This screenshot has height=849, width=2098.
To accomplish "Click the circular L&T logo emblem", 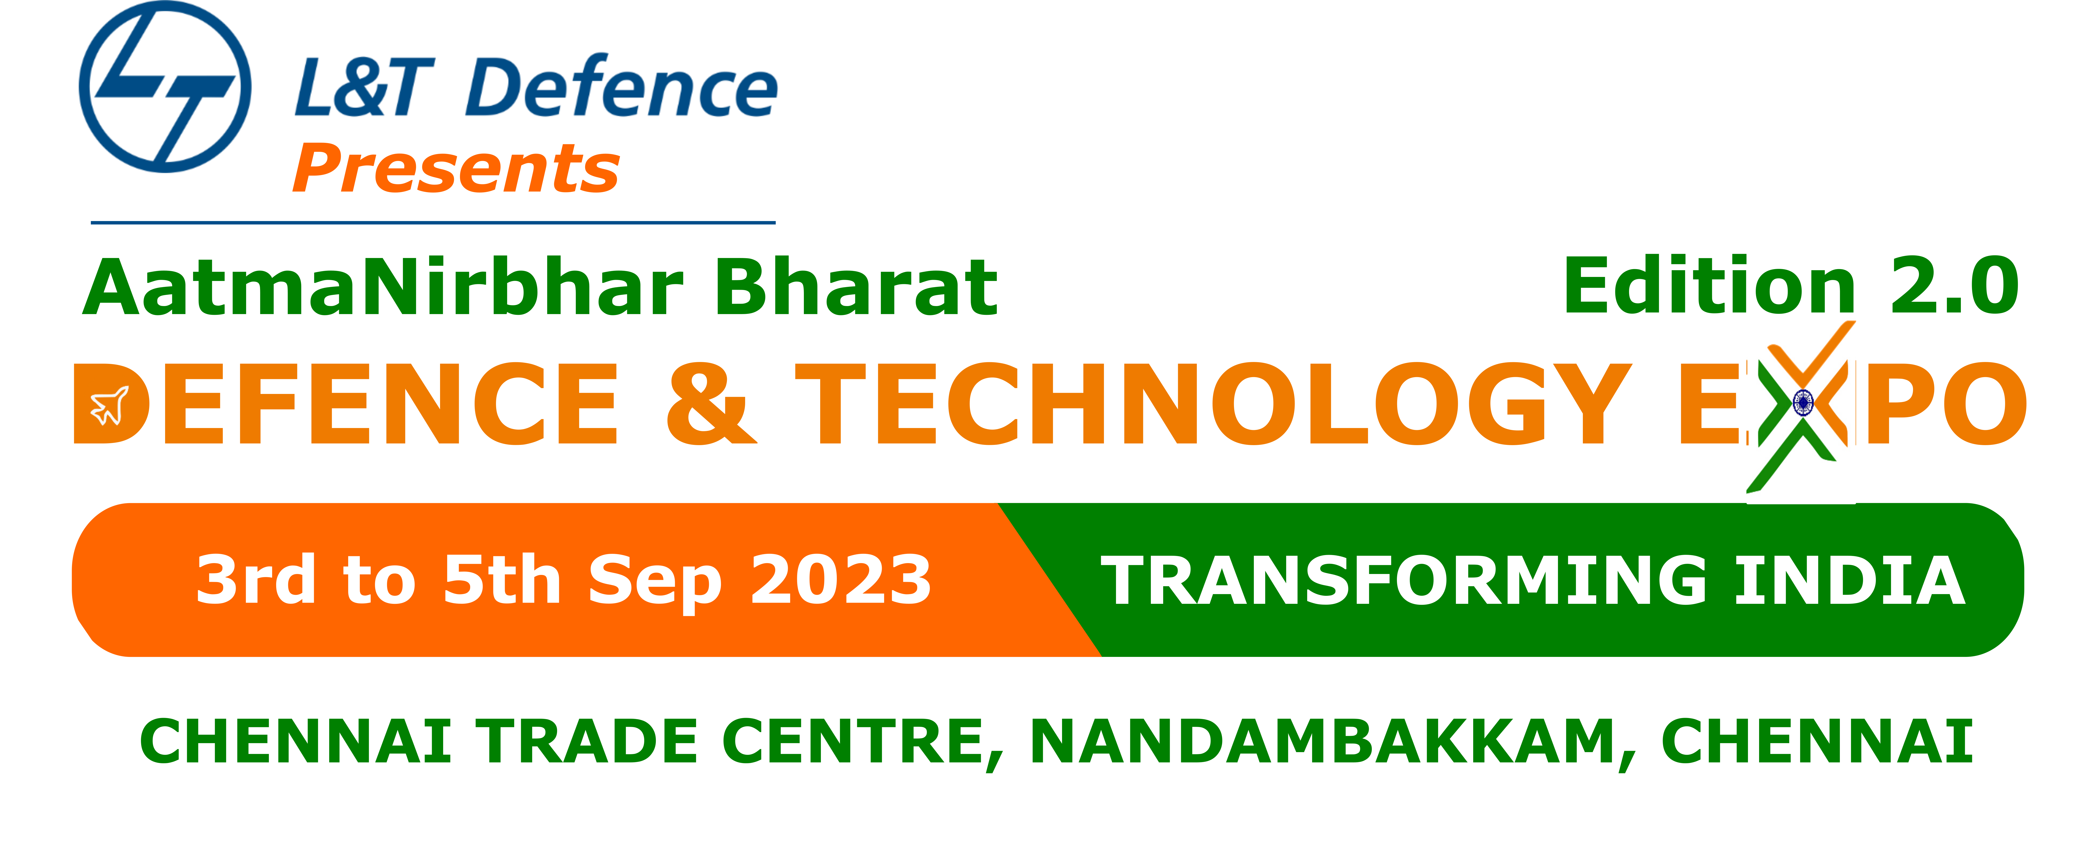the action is (165, 86).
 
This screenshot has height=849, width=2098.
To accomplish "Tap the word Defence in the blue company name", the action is (623, 87).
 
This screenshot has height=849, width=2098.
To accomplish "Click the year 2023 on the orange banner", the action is (841, 579).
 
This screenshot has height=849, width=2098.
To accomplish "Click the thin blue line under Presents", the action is (432, 222).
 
